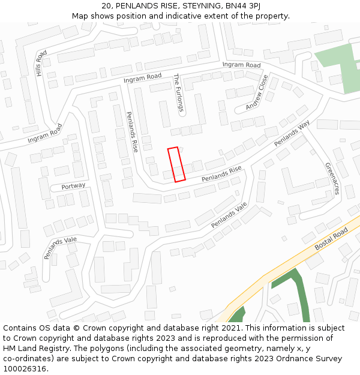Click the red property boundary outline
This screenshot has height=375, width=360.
tap(176, 164)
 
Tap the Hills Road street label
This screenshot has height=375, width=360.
tap(40, 63)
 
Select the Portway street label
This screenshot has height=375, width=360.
tap(73, 186)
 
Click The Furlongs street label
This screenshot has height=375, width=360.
tap(177, 93)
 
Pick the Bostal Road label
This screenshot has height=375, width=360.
tap(331, 239)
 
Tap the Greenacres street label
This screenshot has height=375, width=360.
tap(332, 178)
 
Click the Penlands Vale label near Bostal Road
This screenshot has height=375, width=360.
tap(229, 215)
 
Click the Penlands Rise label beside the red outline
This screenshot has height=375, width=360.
tap(221, 175)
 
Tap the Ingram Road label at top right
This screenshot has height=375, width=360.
tap(241, 65)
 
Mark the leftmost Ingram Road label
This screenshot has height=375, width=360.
tap(45, 134)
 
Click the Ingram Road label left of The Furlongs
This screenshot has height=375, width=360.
tap(143, 77)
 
